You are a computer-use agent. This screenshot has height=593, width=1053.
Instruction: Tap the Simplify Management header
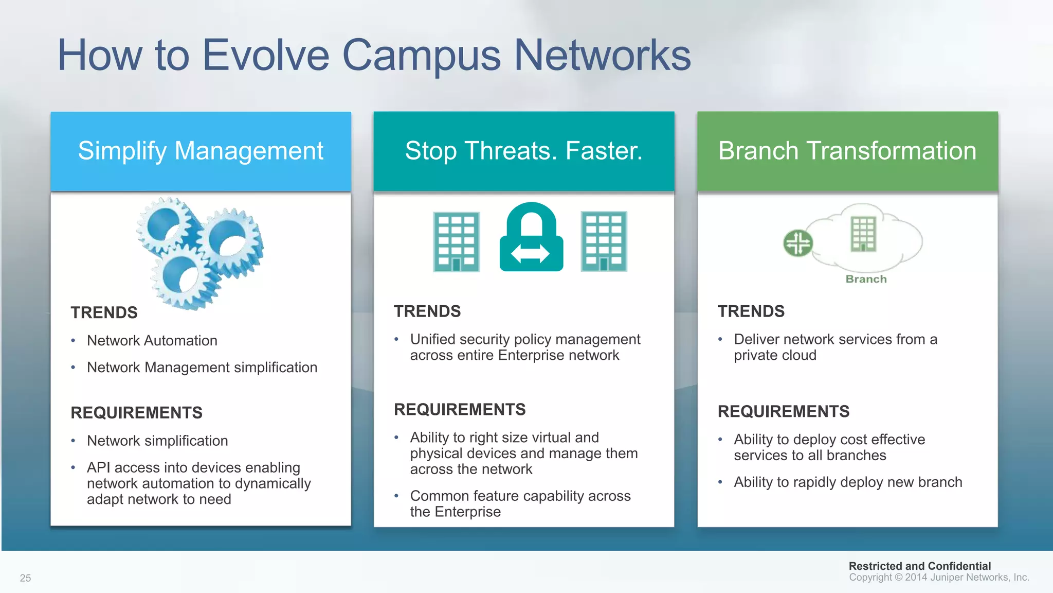201,151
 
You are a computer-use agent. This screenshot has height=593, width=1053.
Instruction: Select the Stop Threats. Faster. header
523,151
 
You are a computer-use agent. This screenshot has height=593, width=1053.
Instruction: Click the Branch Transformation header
847,151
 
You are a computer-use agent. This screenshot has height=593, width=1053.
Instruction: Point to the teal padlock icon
531,238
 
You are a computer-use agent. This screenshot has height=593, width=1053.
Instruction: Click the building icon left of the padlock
456,241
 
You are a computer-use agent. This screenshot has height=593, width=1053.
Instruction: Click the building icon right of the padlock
604,241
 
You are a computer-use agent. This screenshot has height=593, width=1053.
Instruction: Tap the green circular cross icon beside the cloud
797,243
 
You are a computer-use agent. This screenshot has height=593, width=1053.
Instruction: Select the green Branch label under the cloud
866,279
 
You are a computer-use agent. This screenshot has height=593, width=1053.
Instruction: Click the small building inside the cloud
863,234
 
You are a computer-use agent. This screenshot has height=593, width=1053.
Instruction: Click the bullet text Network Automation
152,341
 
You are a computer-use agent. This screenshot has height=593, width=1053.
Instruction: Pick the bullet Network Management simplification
202,368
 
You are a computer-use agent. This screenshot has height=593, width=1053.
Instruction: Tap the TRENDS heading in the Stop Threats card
427,311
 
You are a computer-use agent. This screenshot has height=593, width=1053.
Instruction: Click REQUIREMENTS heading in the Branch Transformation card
783,411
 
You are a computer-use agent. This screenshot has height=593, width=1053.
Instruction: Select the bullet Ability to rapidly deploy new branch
847,482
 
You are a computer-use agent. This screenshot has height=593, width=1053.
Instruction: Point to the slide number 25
25,578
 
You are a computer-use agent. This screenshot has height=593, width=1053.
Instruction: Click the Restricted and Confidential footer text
919,566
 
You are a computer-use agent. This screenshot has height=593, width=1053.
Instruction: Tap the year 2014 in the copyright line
916,578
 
